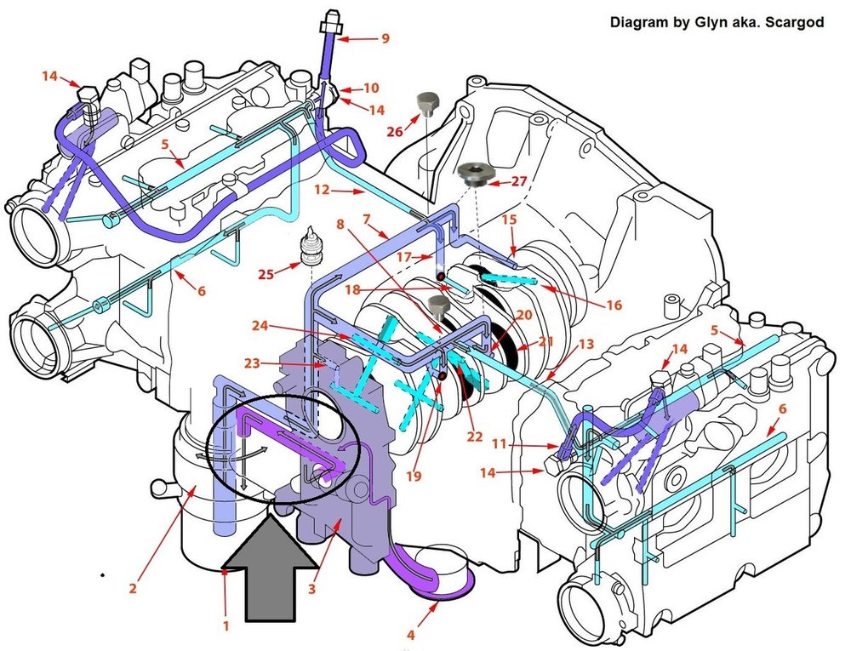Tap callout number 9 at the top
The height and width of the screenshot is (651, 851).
click(385, 38)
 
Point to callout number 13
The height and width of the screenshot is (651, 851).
click(586, 344)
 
